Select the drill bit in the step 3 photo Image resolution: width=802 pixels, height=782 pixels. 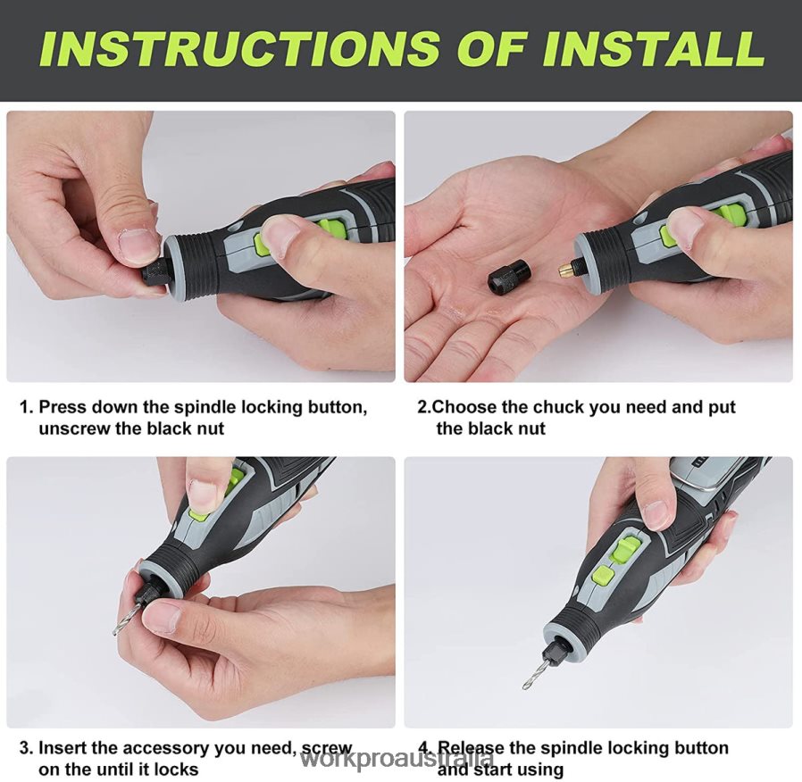tap(127, 619)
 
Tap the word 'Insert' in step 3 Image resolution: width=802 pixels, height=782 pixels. tap(65, 748)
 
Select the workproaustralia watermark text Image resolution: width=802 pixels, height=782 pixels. tap(397, 761)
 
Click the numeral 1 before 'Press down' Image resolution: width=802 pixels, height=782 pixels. tap(25, 407)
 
